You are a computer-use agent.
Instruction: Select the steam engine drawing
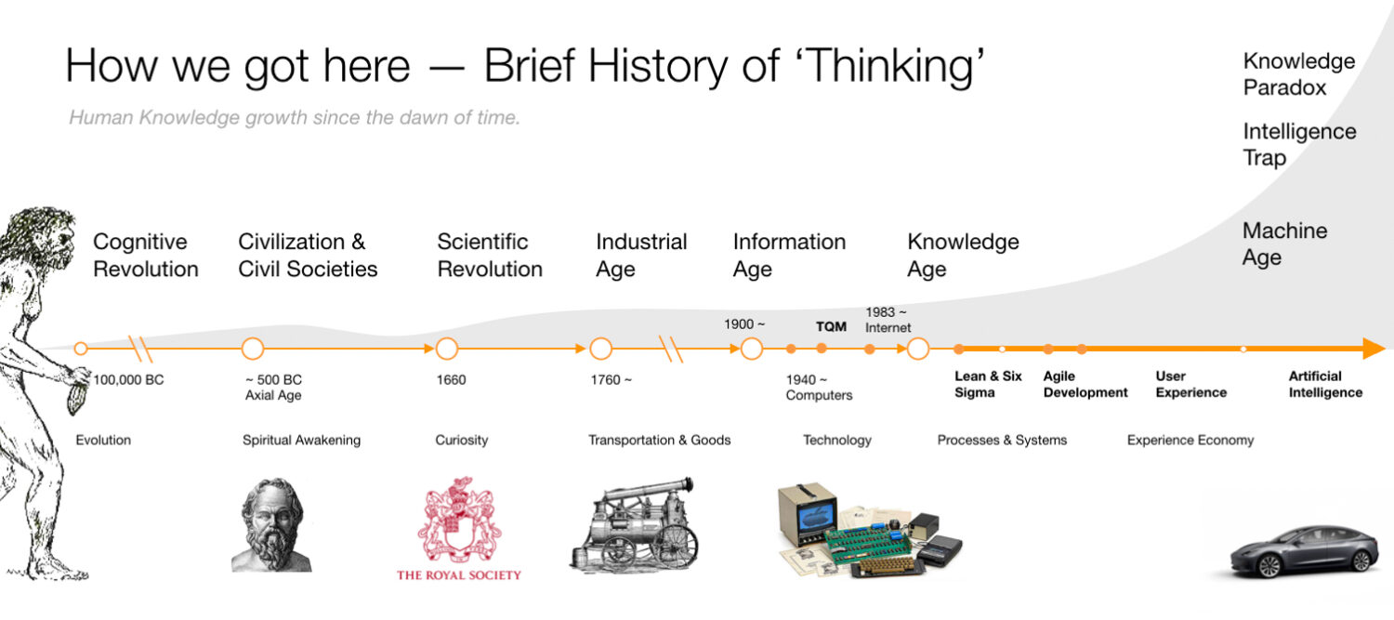tap(634, 524)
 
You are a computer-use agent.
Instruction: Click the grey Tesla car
tap(1304, 550)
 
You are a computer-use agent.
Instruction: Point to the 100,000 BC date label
tap(128, 380)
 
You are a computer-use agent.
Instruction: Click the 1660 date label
tap(452, 380)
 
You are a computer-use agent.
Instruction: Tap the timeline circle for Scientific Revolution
tap(447, 350)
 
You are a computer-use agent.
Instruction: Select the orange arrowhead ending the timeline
tap(1373, 350)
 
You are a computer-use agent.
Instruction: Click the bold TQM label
tap(831, 327)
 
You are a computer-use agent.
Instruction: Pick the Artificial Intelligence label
tap(1324, 384)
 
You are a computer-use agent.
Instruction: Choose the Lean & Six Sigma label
tap(988, 384)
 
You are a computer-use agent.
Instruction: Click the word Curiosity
tap(462, 440)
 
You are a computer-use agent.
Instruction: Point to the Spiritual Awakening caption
tap(301, 440)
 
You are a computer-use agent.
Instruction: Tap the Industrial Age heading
tap(641, 255)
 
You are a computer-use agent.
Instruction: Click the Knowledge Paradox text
tap(1298, 74)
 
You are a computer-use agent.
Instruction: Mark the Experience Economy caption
tap(1190, 440)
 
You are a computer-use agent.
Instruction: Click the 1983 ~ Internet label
tap(888, 320)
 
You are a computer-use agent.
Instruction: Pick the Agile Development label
tap(1085, 384)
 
